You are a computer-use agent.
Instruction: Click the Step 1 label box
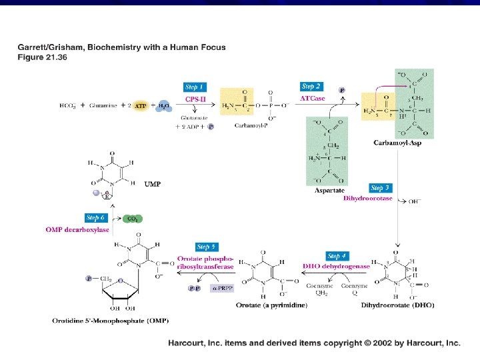194,87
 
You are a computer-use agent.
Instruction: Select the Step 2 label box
311,87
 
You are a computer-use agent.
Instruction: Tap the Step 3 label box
381,188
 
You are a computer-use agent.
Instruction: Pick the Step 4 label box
337,256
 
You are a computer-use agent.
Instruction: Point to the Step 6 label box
95,217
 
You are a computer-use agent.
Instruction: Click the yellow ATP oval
140,105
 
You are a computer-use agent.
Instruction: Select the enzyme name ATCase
312,99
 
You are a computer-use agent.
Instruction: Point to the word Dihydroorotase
367,198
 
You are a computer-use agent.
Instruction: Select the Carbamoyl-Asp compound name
398,143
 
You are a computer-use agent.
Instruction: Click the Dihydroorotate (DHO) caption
397,305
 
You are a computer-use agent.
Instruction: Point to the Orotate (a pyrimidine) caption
272,305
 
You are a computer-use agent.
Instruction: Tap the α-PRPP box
219,289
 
